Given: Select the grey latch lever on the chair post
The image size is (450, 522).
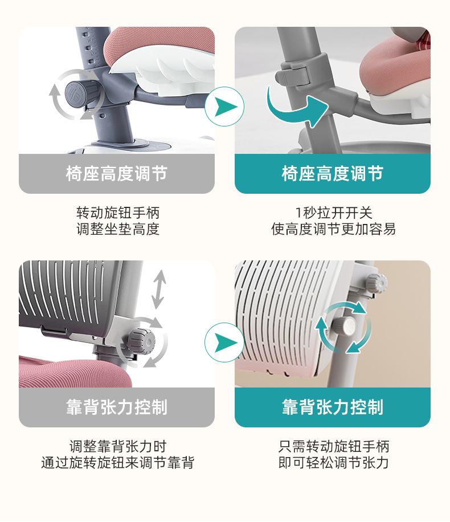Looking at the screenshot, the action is (x=292, y=76).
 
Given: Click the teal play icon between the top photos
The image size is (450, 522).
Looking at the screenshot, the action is (x=224, y=107).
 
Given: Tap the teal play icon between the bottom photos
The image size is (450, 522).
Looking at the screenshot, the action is (x=224, y=342).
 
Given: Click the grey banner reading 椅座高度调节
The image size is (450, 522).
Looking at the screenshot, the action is (x=117, y=174).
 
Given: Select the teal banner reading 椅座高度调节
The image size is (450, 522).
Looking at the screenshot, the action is (x=333, y=174).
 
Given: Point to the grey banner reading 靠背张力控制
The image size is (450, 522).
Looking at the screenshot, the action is (x=117, y=407).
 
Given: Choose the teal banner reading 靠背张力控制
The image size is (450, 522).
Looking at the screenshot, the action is (x=333, y=407).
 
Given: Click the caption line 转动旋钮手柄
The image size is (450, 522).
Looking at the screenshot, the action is (x=118, y=213).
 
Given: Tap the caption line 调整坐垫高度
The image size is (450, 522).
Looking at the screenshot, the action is (x=118, y=229).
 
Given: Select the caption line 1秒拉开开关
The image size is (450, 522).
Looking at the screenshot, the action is (x=333, y=213).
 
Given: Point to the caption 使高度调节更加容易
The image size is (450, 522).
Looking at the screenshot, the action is (x=333, y=229).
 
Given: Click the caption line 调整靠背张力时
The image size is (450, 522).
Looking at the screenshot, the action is (x=118, y=446).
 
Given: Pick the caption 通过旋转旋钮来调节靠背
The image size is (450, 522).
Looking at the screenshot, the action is (x=118, y=463).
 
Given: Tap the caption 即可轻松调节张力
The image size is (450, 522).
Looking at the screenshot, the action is (x=333, y=463).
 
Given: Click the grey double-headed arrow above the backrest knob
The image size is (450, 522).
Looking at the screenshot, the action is (x=159, y=289).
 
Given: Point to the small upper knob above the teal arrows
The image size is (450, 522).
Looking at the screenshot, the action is (x=377, y=282).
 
